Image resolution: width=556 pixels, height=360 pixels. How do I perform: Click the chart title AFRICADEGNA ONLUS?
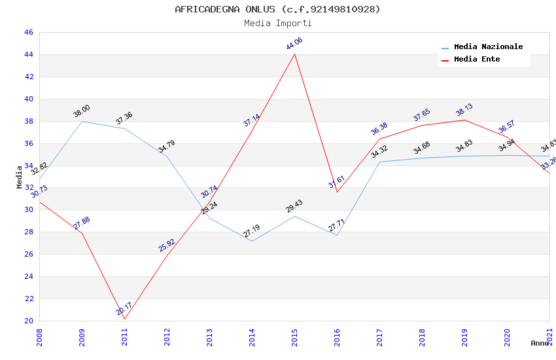277,9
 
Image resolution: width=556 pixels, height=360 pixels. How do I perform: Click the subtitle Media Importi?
277,24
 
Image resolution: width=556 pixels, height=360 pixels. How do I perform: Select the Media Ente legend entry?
477,60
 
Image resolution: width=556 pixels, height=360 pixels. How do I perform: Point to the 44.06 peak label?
294,44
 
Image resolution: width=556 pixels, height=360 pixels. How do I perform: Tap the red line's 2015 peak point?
294,54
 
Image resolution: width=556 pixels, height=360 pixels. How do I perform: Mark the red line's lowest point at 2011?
124,319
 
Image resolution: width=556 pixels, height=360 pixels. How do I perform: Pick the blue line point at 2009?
82,121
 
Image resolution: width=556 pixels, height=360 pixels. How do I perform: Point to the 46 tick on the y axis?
28,33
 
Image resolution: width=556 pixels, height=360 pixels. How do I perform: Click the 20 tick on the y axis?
28,321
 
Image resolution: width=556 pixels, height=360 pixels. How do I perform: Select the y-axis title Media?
20,177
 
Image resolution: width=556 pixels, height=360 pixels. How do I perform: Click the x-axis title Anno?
540,343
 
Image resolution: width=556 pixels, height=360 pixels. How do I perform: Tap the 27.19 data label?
252,231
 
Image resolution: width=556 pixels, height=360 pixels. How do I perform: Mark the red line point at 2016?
337,191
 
